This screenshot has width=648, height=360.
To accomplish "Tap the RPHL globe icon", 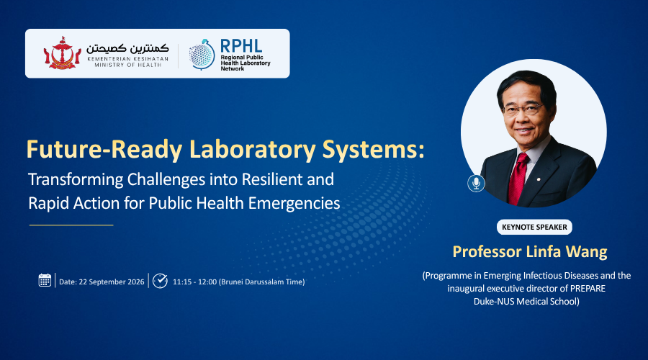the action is pos(202,55).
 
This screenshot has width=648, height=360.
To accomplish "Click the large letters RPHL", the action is pos(241,46).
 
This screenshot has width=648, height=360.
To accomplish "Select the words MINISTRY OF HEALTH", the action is pos(127,65).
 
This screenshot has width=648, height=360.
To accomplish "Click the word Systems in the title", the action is pos(374,149).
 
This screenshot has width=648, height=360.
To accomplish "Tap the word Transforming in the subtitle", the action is pos(76,180).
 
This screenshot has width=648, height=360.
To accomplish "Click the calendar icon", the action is pos(45,280).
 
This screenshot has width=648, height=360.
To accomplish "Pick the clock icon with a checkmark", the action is pos(160,281).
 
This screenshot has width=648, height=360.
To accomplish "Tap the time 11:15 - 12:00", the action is pos(194,282).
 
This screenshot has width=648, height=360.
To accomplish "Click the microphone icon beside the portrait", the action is pos(476,183).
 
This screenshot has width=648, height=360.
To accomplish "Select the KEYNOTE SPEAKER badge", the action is pos(534,227).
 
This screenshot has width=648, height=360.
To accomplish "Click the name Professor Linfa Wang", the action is pos(530,252).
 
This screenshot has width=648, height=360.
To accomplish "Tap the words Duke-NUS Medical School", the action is pos(526,301).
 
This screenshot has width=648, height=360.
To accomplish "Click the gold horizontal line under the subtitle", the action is pos(71,225).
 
